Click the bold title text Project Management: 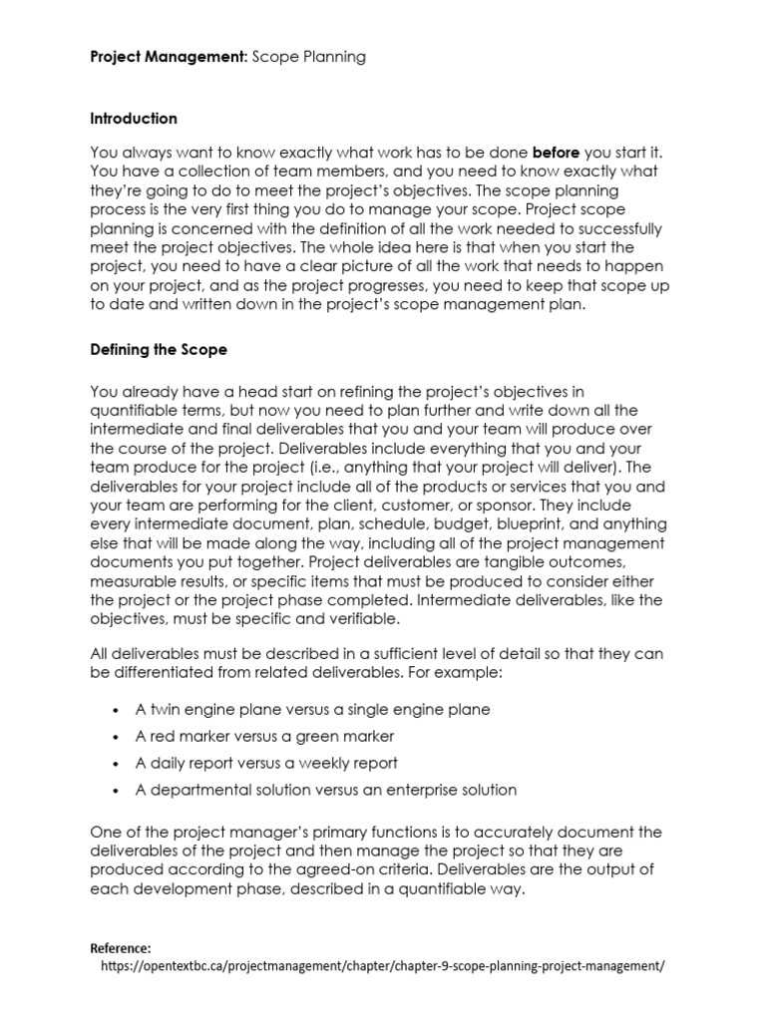tap(169, 57)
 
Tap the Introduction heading tap(134, 119)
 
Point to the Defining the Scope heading tap(159, 350)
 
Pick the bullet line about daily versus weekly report tap(266, 763)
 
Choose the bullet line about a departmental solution tap(326, 790)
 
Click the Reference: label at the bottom tap(121, 948)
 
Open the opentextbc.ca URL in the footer tap(383, 966)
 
